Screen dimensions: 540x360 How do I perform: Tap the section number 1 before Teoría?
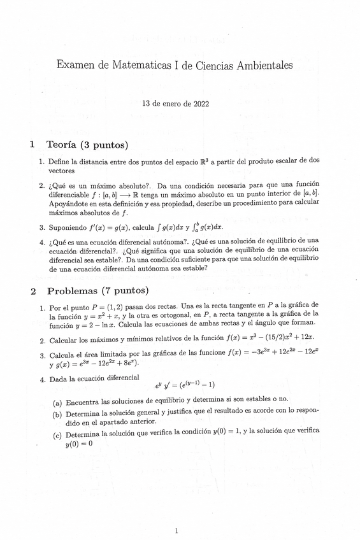[x=32, y=145]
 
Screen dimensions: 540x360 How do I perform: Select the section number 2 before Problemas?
[x=32, y=292]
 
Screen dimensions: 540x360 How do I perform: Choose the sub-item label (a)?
[x=57, y=403]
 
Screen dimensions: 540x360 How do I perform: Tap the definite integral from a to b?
[x=203, y=227]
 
